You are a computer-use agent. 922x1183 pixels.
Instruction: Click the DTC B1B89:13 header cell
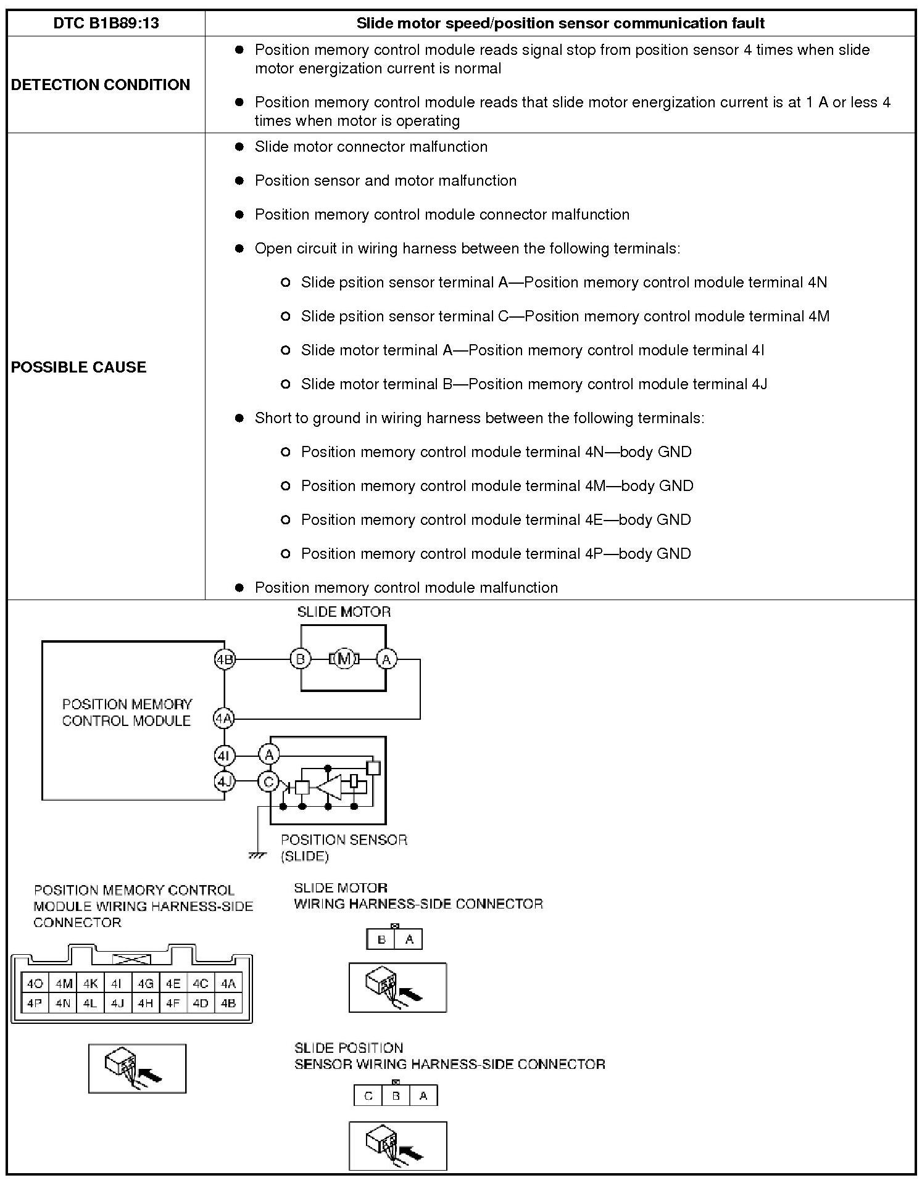click(x=106, y=23)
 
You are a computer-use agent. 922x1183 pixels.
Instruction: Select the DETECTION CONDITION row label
click(x=101, y=84)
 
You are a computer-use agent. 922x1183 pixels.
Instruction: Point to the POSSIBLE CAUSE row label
click(x=79, y=367)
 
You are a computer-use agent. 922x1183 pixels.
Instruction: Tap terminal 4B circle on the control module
click(x=225, y=659)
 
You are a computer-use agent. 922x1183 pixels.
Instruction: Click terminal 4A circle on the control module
click(x=224, y=719)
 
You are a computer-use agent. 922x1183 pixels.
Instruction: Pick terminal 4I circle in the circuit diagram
click(x=224, y=754)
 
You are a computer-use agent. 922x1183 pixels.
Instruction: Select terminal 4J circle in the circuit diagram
click(x=224, y=781)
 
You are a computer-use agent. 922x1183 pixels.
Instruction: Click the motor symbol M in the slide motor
click(x=344, y=659)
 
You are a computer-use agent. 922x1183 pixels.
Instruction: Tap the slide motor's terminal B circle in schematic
click(x=301, y=659)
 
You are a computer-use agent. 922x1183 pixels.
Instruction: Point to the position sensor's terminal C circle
click(x=268, y=781)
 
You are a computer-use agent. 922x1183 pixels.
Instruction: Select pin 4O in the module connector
click(x=35, y=984)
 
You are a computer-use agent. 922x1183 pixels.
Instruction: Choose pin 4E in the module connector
click(x=173, y=984)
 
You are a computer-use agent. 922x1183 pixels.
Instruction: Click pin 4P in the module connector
click(x=35, y=1004)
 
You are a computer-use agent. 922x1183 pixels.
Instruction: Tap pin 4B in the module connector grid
click(x=228, y=1004)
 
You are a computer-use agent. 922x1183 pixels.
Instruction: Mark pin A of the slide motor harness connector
click(x=409, y=940)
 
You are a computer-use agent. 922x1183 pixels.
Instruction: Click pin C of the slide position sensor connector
click(x=368, y=1096)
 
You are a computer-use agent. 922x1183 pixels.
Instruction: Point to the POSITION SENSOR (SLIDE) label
click(x=343, y=847)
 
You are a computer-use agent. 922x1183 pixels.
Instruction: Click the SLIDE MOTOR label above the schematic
click(x=344, y=612)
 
